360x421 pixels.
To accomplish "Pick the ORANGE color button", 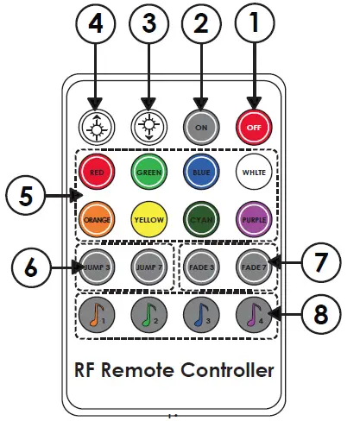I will click(x=97, y=218).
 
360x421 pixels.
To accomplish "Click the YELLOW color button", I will click(x=148, y=218).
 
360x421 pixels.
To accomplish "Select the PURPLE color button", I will click(x=254, y=218).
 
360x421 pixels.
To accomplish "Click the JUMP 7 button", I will click(x=148, y=267).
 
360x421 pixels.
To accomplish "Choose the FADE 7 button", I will click(x=254, y=267).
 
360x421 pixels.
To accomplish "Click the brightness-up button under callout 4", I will click(x=97, y=128).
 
